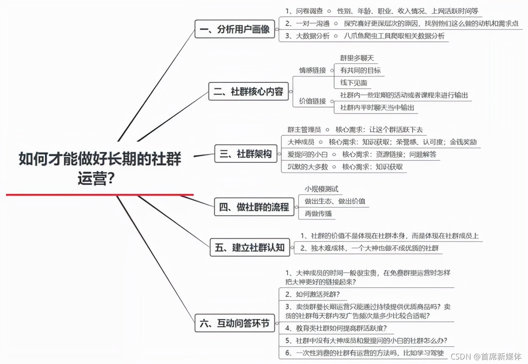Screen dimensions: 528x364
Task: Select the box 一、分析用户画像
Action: coord(235,29)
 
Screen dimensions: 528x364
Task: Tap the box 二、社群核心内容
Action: coord(248,92)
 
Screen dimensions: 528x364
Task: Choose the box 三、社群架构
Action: coord(246,154)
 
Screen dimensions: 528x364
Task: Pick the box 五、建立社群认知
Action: coord(250,247)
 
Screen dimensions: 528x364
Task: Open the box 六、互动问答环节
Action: coord(235,324)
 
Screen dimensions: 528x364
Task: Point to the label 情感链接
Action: coord(312,70)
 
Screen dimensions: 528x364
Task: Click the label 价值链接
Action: coord(312,101)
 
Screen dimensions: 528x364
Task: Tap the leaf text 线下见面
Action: coord(354,83)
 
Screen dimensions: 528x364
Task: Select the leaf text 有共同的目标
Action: coord(360,70)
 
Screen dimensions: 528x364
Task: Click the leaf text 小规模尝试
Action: coord(321,189)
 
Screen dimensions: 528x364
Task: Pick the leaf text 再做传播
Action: coord(318,214)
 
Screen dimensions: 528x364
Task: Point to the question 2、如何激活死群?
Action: coord(315,294)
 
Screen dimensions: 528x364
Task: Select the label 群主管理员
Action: coord(304,130)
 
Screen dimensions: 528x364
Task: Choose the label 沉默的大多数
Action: coord(308,167)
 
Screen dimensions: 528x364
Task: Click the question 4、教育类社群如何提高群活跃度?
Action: coord(336,328)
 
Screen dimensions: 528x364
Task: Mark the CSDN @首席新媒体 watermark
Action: coord(486,355)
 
